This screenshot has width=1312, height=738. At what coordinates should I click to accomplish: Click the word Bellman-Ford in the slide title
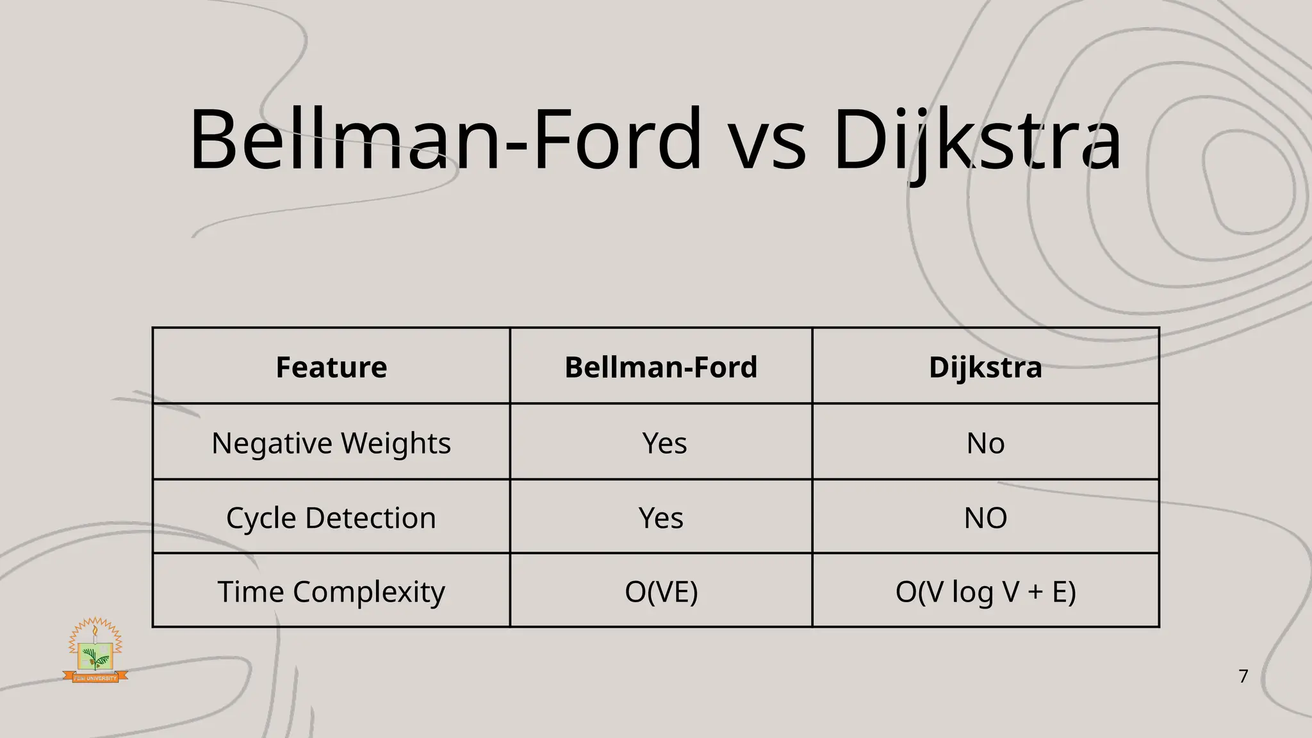pyautogui.click(x=445, y=140)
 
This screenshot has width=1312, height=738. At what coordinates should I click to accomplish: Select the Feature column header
pyautogui.click(x=331, y=367)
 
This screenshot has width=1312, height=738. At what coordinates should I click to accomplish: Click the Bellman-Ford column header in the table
pyautogui.click(x=660, y=367)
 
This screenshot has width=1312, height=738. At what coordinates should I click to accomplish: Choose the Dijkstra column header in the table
pyautogui.click(x=985, y=367)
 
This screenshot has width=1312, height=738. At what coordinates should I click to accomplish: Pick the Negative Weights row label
pyautogui.click(x=331, y=443)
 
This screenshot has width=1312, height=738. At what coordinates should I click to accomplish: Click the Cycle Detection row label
pyautogui.click(x=331, y=518)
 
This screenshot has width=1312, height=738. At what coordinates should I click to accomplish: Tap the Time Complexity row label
pyautogui.click(x=331, y=591)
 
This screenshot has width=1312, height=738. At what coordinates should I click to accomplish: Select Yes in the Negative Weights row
pyautogui.click(x=664, y=443)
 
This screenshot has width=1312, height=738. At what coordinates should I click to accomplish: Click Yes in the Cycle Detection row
pyautogui.click(x=660, y=518)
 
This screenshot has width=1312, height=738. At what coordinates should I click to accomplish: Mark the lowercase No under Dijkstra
pyautogui.click(x=985, y=443)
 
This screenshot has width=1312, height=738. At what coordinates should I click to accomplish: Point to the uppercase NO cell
pyautogui.click(x=985, y=518)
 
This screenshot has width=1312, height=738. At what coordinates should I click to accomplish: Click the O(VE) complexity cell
pyautogui.click(x=660, y=591)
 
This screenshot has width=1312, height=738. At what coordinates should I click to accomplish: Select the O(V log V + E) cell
pyautogui.click(x=985, y=591)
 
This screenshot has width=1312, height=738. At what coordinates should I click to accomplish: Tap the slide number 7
pyautogui.click(x=1243, y=676)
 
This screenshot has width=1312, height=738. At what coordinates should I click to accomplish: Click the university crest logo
pyautogui.click(x=95, y=650)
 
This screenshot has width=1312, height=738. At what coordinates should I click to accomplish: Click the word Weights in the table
pyautogui.click(x=396, y=443)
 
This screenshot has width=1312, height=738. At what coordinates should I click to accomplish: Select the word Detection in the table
pyautogui.click(x=370, y=518)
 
